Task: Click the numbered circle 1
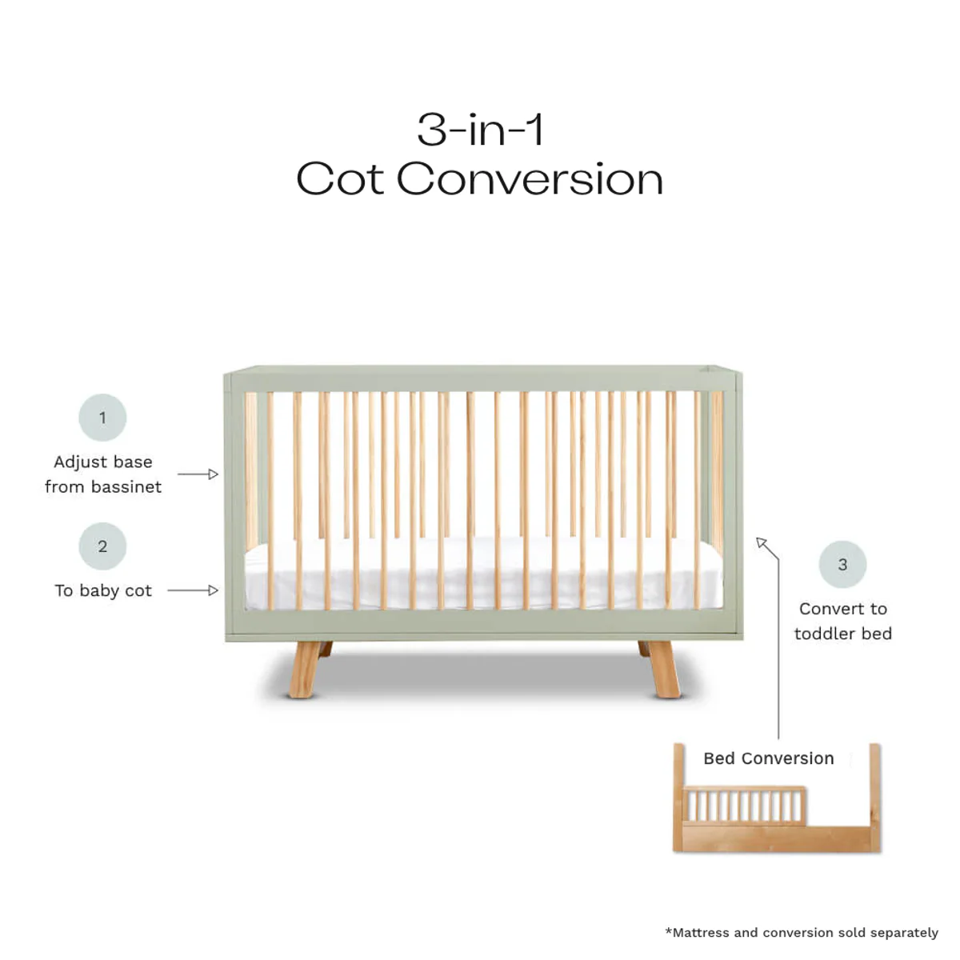tap(102, 418)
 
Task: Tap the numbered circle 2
tap(102, 546)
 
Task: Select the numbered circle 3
tap(842, 564)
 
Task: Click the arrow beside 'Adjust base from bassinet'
tap(198, 474)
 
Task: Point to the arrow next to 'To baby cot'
tap(193, 590)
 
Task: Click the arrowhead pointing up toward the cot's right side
tap(762, 544)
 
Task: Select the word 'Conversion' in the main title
tap(530, 178)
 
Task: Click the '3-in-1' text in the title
tap(480, 130)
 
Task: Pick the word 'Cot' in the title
tap(340, 178)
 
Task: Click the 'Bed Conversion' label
tap(768, 758)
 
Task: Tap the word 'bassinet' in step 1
tap(126, 486)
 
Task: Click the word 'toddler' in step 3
tap(824, 634)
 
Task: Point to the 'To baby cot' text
tap(102, 590)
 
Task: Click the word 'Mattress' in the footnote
tap(700, 932)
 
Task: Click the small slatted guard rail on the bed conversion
tap(744, 804)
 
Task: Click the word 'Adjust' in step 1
tap(80, 462)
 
